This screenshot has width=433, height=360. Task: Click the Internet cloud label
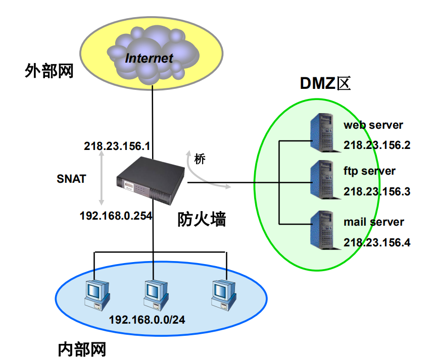[149, 58]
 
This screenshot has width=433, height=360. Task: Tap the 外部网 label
[49, 71]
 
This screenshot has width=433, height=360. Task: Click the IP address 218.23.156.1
[117, 146]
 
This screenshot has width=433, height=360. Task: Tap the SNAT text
[71, 178]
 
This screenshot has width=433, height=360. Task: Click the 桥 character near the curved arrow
[200, 160]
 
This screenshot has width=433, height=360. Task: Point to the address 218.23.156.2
[376, 145]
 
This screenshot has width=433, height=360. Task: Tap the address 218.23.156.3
[376, 192]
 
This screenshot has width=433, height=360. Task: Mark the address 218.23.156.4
[376, 242]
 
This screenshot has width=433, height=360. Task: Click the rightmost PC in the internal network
[223, 293]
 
